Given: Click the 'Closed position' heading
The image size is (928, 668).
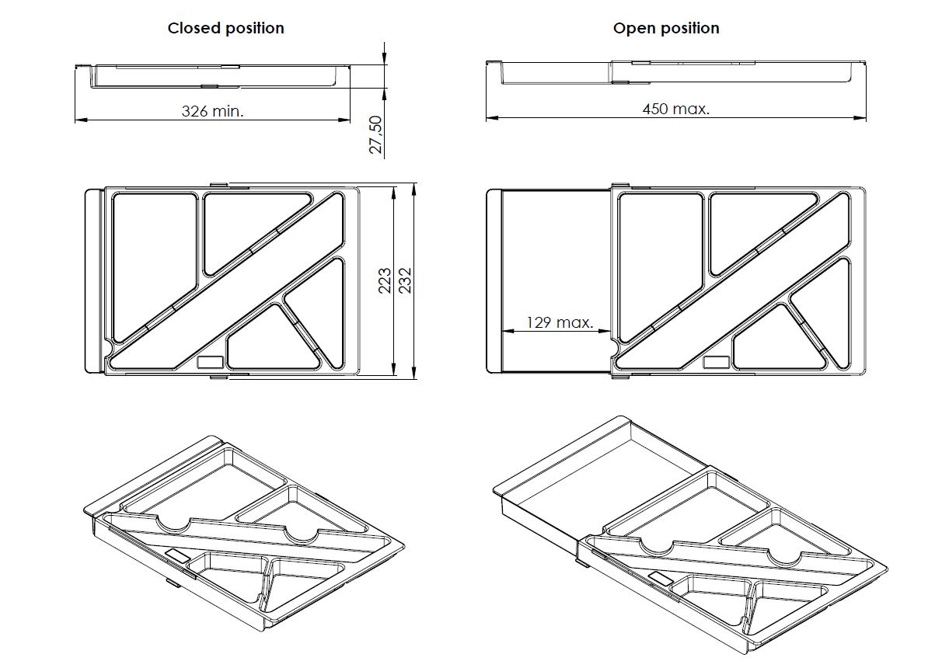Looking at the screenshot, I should (225, 28).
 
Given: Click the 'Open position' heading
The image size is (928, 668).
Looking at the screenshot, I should (666, 28).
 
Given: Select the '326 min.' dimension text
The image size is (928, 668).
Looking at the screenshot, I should (212, 111).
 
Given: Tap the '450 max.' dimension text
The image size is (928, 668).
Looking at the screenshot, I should (675, 109).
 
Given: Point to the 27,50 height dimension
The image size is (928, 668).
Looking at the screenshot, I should (376, 135).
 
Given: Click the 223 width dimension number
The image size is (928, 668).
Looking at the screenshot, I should (385, 280).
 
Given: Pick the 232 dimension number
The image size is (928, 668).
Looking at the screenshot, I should (404, 280).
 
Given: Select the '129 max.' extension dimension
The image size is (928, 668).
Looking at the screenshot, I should (558, 322).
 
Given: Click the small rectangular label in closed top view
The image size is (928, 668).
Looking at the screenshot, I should (210, 361).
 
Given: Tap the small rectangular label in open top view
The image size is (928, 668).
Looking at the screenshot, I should (716, 362).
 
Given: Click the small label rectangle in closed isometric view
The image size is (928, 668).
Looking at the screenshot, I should (176, 555).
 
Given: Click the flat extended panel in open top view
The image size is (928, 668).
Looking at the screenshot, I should (553, 256).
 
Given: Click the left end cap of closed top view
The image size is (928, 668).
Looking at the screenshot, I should (92, 280).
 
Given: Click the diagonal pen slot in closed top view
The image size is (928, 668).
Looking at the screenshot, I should (233, 280).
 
